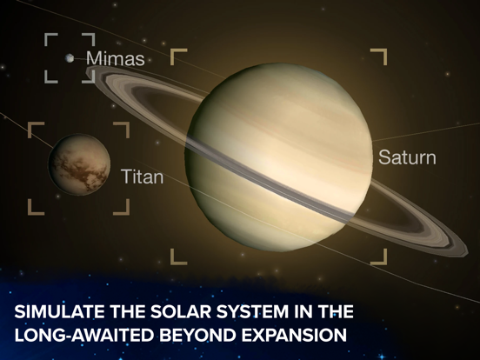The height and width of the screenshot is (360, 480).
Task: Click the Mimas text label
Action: (x=115, y=58)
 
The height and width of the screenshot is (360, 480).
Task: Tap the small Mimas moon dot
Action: (x=70, y=58)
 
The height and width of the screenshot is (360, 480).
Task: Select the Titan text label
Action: (x=143, y=177)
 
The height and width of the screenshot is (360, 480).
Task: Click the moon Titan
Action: (x=79, y=164)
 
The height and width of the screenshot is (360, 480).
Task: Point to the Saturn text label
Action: (x=407, y=157)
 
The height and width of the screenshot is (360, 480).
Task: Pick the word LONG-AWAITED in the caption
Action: (x=83, y=335)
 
